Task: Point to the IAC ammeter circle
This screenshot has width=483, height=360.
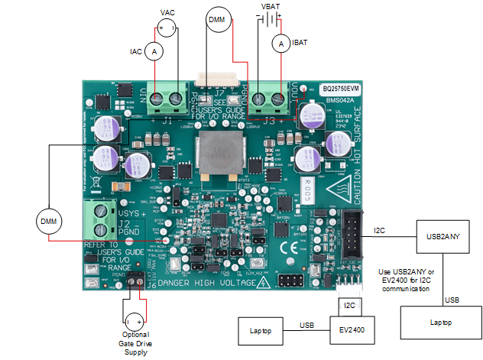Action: tap(155, 51)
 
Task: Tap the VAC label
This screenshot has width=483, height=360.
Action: tap(168, 13)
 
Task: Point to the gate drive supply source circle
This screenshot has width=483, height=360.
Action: tap(134, 320)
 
